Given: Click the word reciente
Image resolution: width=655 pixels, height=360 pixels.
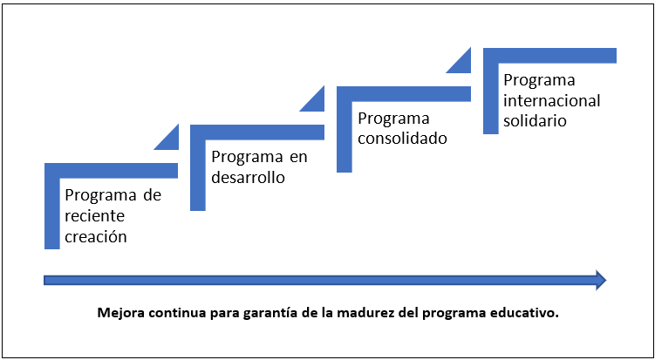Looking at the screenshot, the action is pyautogui.click(x=95, y=216).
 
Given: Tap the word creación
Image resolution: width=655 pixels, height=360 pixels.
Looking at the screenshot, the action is pyautogui.click(x=96, y=237).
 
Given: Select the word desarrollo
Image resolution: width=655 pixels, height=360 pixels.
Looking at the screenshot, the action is pyautogui.click(x=248, y=178).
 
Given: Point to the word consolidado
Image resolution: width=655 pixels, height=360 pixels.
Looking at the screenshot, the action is pyautogui.click(x=403, y=139).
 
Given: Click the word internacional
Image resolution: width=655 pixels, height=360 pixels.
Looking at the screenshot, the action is pyautogui.click(x=552, y=100).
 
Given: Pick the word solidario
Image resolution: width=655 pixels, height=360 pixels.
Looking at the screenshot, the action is pyautogui.click(x=535, y=120).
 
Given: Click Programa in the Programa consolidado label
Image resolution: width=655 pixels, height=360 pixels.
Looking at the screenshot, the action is pyautogui.click(x=393, y=119).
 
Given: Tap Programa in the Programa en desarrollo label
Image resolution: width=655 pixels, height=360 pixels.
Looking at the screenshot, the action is pyautogui.click(x=247, y=158).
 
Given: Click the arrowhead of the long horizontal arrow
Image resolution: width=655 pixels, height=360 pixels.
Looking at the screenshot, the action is pyautogui.click(x=601, y=280).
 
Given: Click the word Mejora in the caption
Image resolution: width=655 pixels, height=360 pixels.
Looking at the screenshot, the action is pyautogui.click(x=119, y=314).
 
